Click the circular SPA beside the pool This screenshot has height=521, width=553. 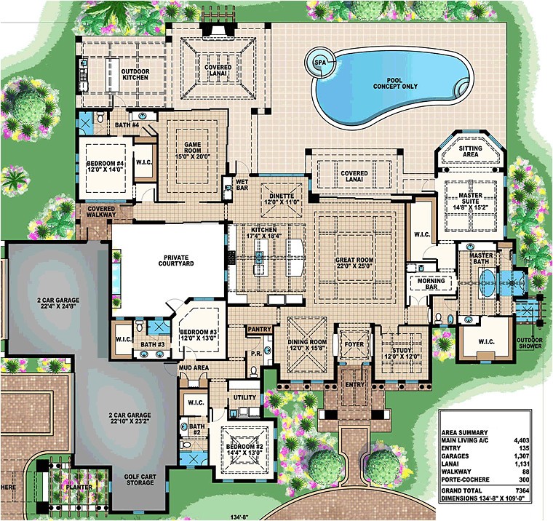tap(319, 63)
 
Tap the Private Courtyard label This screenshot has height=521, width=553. tap(167, 260)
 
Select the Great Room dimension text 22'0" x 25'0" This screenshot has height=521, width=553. tap(354, 266)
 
